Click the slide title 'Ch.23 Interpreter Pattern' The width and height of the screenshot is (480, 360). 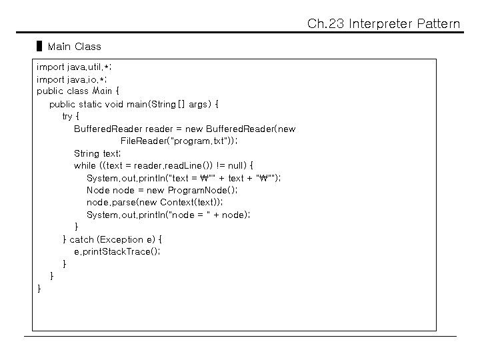coord(383,24)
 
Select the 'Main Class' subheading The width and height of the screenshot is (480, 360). coord(75,47)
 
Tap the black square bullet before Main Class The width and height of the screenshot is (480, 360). coord(39,47)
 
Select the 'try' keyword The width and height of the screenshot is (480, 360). coord(67,116)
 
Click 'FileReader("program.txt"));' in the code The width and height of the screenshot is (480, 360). coord(179,141)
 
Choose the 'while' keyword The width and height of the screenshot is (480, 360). coord(85,165)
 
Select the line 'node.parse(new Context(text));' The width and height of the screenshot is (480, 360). coord(155,202)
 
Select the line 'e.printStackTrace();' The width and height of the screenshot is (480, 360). coord(117,251)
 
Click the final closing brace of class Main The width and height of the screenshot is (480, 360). coord(39,288)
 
